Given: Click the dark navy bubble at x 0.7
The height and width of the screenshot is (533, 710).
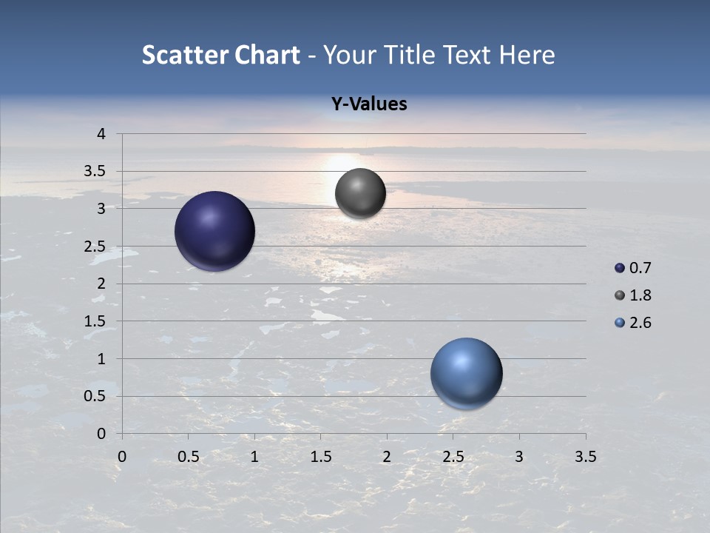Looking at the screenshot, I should [x=215, y=231].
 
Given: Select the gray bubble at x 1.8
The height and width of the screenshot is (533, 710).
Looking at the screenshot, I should [x=360, y=193].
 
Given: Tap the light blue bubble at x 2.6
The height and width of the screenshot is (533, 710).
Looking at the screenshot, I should [x=466, y=373].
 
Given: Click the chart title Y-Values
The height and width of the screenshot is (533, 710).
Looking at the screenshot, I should [x=369, y=104].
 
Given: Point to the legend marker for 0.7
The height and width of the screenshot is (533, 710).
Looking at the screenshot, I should [x=620, y=268].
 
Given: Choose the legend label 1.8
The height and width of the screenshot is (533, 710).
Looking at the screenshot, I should [x=640, y=295].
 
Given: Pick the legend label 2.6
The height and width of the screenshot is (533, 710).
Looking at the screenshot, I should [x=640, y=323].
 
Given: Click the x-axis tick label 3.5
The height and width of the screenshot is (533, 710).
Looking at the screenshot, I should [x=585, y=457].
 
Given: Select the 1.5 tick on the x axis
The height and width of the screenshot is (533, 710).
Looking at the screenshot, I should [x=320, y=457].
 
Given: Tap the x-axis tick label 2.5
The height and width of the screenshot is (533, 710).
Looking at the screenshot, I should [x=453, y=457].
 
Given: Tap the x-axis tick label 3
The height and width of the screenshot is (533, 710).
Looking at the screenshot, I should [x=519, y=457].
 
